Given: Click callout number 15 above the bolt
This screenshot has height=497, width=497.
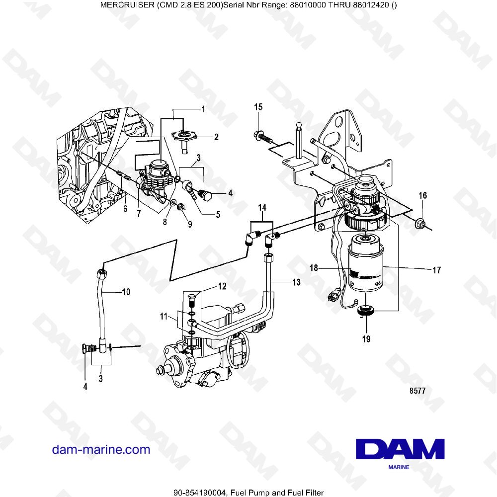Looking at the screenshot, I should pyautogui.click(x=258, y=107).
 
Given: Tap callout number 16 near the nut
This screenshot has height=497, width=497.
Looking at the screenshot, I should pyautogui.click(x=422, y=196).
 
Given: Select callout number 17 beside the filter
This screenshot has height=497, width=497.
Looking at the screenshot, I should pyautogui.click(x=436, y=271).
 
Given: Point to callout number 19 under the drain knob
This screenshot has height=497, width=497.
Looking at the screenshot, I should pyautogui.click(x=366, y=340).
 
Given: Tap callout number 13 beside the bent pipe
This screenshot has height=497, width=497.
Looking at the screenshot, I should pyautogui.click(x=296, y=282).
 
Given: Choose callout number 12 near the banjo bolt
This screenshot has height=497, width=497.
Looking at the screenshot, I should pyautogui.click(x=222, y=286).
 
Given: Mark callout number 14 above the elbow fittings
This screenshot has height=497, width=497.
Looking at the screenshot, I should pyautogui.click(x=262, y=207).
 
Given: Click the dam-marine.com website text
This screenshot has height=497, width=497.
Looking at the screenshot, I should pyautogui.click(x=101, y=450).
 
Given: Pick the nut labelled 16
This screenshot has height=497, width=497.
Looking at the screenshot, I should pyautogui.click(x=420, y=225).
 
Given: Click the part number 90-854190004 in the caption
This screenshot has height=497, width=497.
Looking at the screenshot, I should pyautogui.click(x=200, y=492).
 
